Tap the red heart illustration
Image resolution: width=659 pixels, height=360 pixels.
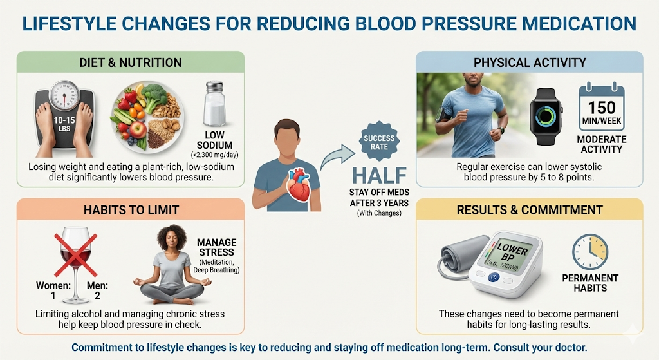click(299, 185)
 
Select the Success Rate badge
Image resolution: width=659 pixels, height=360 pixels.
click(379, 142)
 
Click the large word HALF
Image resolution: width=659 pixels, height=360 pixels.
click(380, 175)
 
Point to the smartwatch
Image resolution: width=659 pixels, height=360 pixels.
click(546, 117)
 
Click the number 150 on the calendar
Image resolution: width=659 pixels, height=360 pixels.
click(602, 108)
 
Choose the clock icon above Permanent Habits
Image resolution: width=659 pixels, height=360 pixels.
click(590, 252)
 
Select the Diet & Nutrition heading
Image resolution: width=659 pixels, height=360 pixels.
click(131, 62)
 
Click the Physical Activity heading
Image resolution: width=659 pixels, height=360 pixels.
click(530, 62)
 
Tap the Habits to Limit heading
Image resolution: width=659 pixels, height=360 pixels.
click(131, 210)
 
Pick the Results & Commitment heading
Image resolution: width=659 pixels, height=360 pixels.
click(530, 210)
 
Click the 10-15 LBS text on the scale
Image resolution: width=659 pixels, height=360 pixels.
click(64, 124)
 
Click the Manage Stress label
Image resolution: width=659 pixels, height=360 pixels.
click(216, 247)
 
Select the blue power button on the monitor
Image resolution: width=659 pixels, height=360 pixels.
click(494, 278)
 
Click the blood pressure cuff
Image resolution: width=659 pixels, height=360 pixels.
click(458, 256)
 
